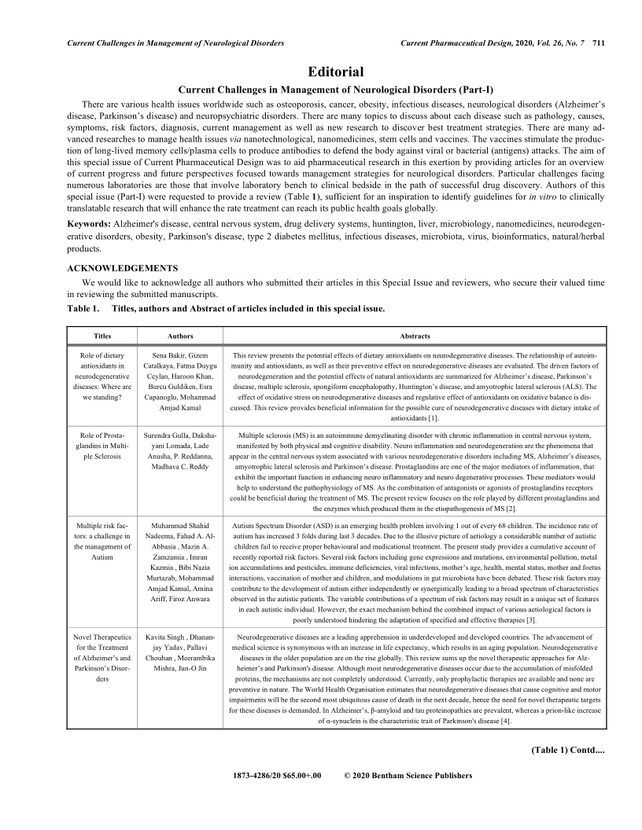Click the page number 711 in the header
(x=598, y=42)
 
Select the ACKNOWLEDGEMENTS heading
(x=123, y=267)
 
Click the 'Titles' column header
(x=102, y=336)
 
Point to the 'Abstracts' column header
(x=415, y=336)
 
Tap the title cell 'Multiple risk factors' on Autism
(x=102, y=540)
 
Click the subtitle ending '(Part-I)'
(x=321, y=88)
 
